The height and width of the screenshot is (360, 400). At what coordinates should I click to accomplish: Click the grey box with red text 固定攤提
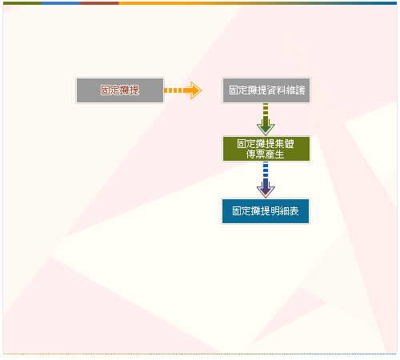120,90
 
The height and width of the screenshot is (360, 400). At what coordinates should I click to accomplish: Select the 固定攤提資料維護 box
266,90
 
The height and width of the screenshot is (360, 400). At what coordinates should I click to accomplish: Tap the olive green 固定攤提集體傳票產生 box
266,149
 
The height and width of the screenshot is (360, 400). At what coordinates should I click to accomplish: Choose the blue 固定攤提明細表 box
266,211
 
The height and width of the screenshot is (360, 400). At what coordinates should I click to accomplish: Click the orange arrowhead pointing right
193,90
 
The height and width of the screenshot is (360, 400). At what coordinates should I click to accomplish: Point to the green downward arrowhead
266,126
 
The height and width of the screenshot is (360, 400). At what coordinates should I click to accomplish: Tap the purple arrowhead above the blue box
266,189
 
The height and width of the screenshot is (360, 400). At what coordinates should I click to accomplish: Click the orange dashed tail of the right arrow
174,90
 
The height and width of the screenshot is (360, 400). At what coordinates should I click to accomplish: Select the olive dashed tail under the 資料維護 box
266,110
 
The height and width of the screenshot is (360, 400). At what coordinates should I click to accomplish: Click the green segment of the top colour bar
22,3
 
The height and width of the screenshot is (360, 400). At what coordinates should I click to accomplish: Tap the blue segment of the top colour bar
61,3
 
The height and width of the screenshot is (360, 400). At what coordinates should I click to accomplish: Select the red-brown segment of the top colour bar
99,3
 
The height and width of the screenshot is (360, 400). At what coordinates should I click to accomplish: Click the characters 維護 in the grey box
295,90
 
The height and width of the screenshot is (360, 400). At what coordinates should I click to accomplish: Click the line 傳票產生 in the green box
266,154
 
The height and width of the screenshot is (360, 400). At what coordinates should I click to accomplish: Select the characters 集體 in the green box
285,144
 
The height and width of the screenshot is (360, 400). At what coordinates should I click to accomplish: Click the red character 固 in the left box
106,90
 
